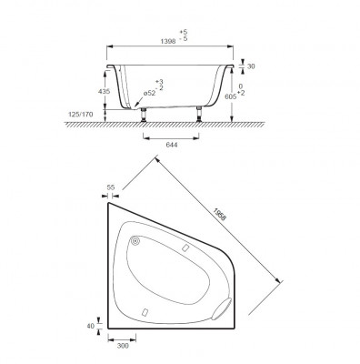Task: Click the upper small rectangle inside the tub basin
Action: pos(184,248)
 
